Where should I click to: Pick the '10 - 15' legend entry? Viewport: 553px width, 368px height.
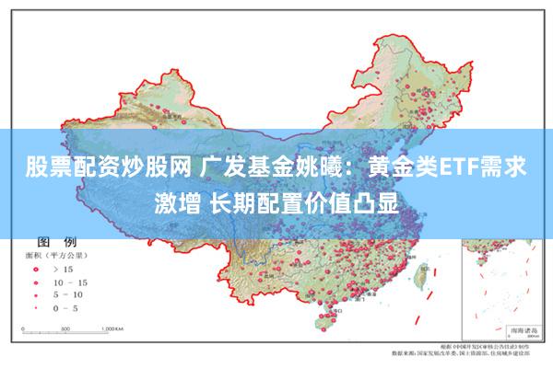70,282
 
